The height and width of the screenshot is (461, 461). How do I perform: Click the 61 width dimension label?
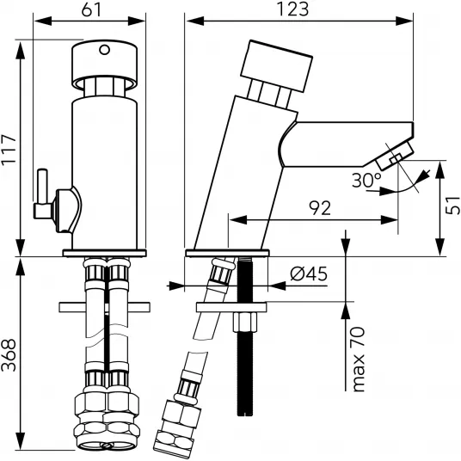click(91, 9)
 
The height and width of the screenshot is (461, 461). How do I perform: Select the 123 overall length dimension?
click(293, 9)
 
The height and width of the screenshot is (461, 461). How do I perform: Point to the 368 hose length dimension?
click(9, 355)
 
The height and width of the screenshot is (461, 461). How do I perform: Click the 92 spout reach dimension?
click(320, 208)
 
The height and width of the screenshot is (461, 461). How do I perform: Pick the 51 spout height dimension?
click(452, 206)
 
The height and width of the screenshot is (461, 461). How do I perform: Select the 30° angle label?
click(366, 181)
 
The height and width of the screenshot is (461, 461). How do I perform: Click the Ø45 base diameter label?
click(309, 274)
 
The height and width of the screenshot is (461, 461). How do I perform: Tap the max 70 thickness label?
click(358, 360)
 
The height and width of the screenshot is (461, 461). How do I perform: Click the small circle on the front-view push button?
click(104, 50)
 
